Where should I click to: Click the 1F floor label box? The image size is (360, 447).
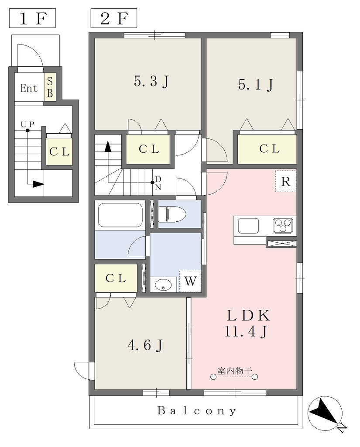coord(32,18)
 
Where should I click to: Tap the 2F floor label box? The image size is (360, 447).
coord(114,18)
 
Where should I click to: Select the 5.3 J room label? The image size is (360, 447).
coord(152,82)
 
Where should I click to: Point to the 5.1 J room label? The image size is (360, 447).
coord(256,85)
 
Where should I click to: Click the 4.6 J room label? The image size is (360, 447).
coord(145,345)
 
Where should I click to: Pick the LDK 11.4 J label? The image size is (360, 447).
coord(247,323)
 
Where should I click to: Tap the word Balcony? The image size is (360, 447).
coord(197,411)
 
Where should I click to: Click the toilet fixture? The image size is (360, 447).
coord(172,214)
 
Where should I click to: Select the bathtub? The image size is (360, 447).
coord(120,215)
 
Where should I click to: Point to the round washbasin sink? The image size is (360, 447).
coord(163,284)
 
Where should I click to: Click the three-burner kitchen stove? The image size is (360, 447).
coord(283,226)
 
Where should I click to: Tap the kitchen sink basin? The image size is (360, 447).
coord(248,226)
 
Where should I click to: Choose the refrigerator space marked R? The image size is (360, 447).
coord(286,181)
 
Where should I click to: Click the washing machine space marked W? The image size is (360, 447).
coord(190,281)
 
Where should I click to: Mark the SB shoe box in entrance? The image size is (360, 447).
coord(50,87)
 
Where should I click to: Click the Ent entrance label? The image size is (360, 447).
coord(29,88)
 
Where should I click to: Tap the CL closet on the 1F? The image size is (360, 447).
coord(59,151)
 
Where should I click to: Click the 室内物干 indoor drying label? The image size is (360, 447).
coord(235,371)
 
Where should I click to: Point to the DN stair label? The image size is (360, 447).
coord(158,183)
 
